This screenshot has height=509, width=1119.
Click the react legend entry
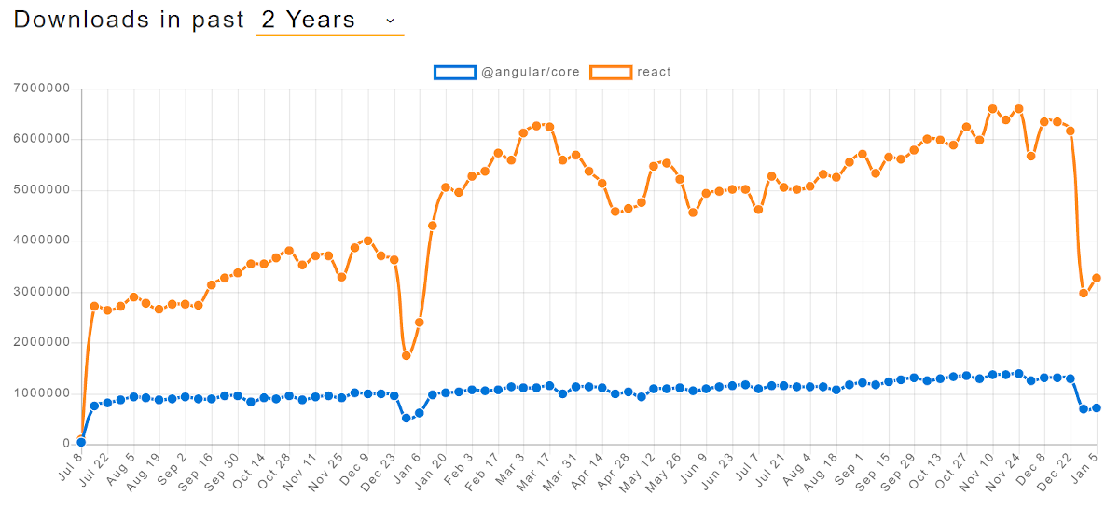(654, 72)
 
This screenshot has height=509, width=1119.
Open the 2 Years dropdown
(329, 20)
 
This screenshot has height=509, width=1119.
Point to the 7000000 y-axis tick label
(44, 89)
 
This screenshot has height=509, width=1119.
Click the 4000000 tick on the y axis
(44, 241)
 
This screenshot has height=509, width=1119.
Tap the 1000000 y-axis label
(44, 392)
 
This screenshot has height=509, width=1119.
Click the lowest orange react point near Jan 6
(407, 355)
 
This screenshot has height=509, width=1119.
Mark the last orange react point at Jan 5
(1097, 278)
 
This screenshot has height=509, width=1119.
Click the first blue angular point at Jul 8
(81, 442)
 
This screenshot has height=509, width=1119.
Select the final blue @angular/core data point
(1097, 407)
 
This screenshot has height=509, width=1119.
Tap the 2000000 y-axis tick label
(44, 342)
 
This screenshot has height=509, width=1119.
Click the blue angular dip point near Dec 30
(407, 418)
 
